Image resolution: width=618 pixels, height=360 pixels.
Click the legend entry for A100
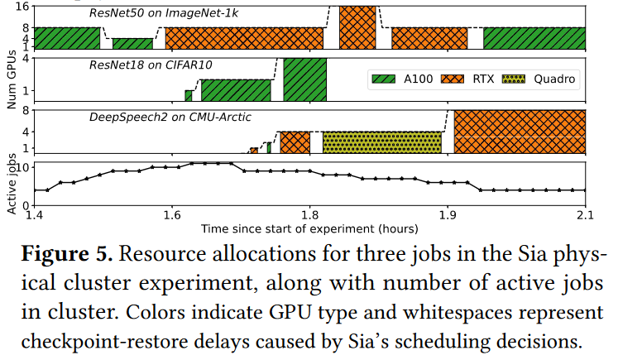404,79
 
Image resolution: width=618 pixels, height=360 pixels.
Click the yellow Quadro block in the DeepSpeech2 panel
382,142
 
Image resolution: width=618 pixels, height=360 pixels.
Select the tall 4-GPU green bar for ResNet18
304,79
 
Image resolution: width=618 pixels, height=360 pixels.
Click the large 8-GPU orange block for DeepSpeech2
520,132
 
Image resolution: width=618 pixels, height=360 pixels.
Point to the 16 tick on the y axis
24,6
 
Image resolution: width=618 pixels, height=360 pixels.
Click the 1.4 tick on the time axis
34,215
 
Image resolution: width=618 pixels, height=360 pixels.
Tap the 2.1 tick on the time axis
585,215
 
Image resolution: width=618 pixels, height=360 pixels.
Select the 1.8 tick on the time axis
309,215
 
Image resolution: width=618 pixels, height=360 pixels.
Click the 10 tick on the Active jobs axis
24,167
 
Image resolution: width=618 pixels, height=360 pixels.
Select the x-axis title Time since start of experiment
309,227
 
